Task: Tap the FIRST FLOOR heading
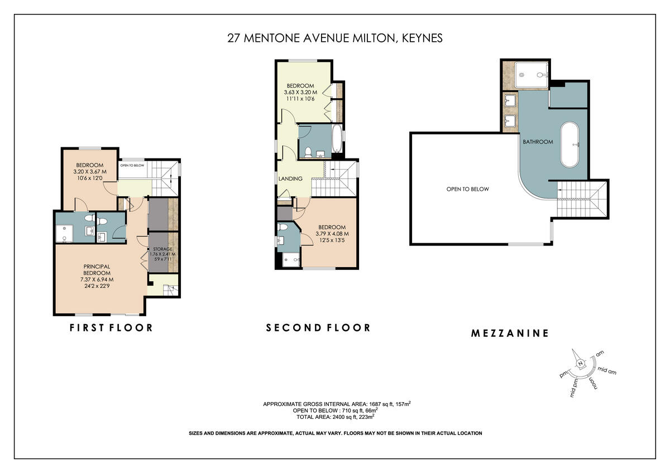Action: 111,327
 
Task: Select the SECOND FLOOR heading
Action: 318,327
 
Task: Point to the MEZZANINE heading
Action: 510,334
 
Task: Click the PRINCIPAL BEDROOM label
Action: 97,269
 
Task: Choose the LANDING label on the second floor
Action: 290,179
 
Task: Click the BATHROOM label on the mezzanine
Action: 538,142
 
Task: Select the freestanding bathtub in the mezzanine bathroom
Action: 571,144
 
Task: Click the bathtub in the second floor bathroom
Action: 337,140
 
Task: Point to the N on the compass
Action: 580,364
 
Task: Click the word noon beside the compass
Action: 593,383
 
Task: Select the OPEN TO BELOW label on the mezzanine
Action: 467,189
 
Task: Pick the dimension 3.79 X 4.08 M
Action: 332,234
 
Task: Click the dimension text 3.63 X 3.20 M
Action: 300,93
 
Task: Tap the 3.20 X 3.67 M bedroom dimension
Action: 89,172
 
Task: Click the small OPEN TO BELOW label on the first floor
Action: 132,166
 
